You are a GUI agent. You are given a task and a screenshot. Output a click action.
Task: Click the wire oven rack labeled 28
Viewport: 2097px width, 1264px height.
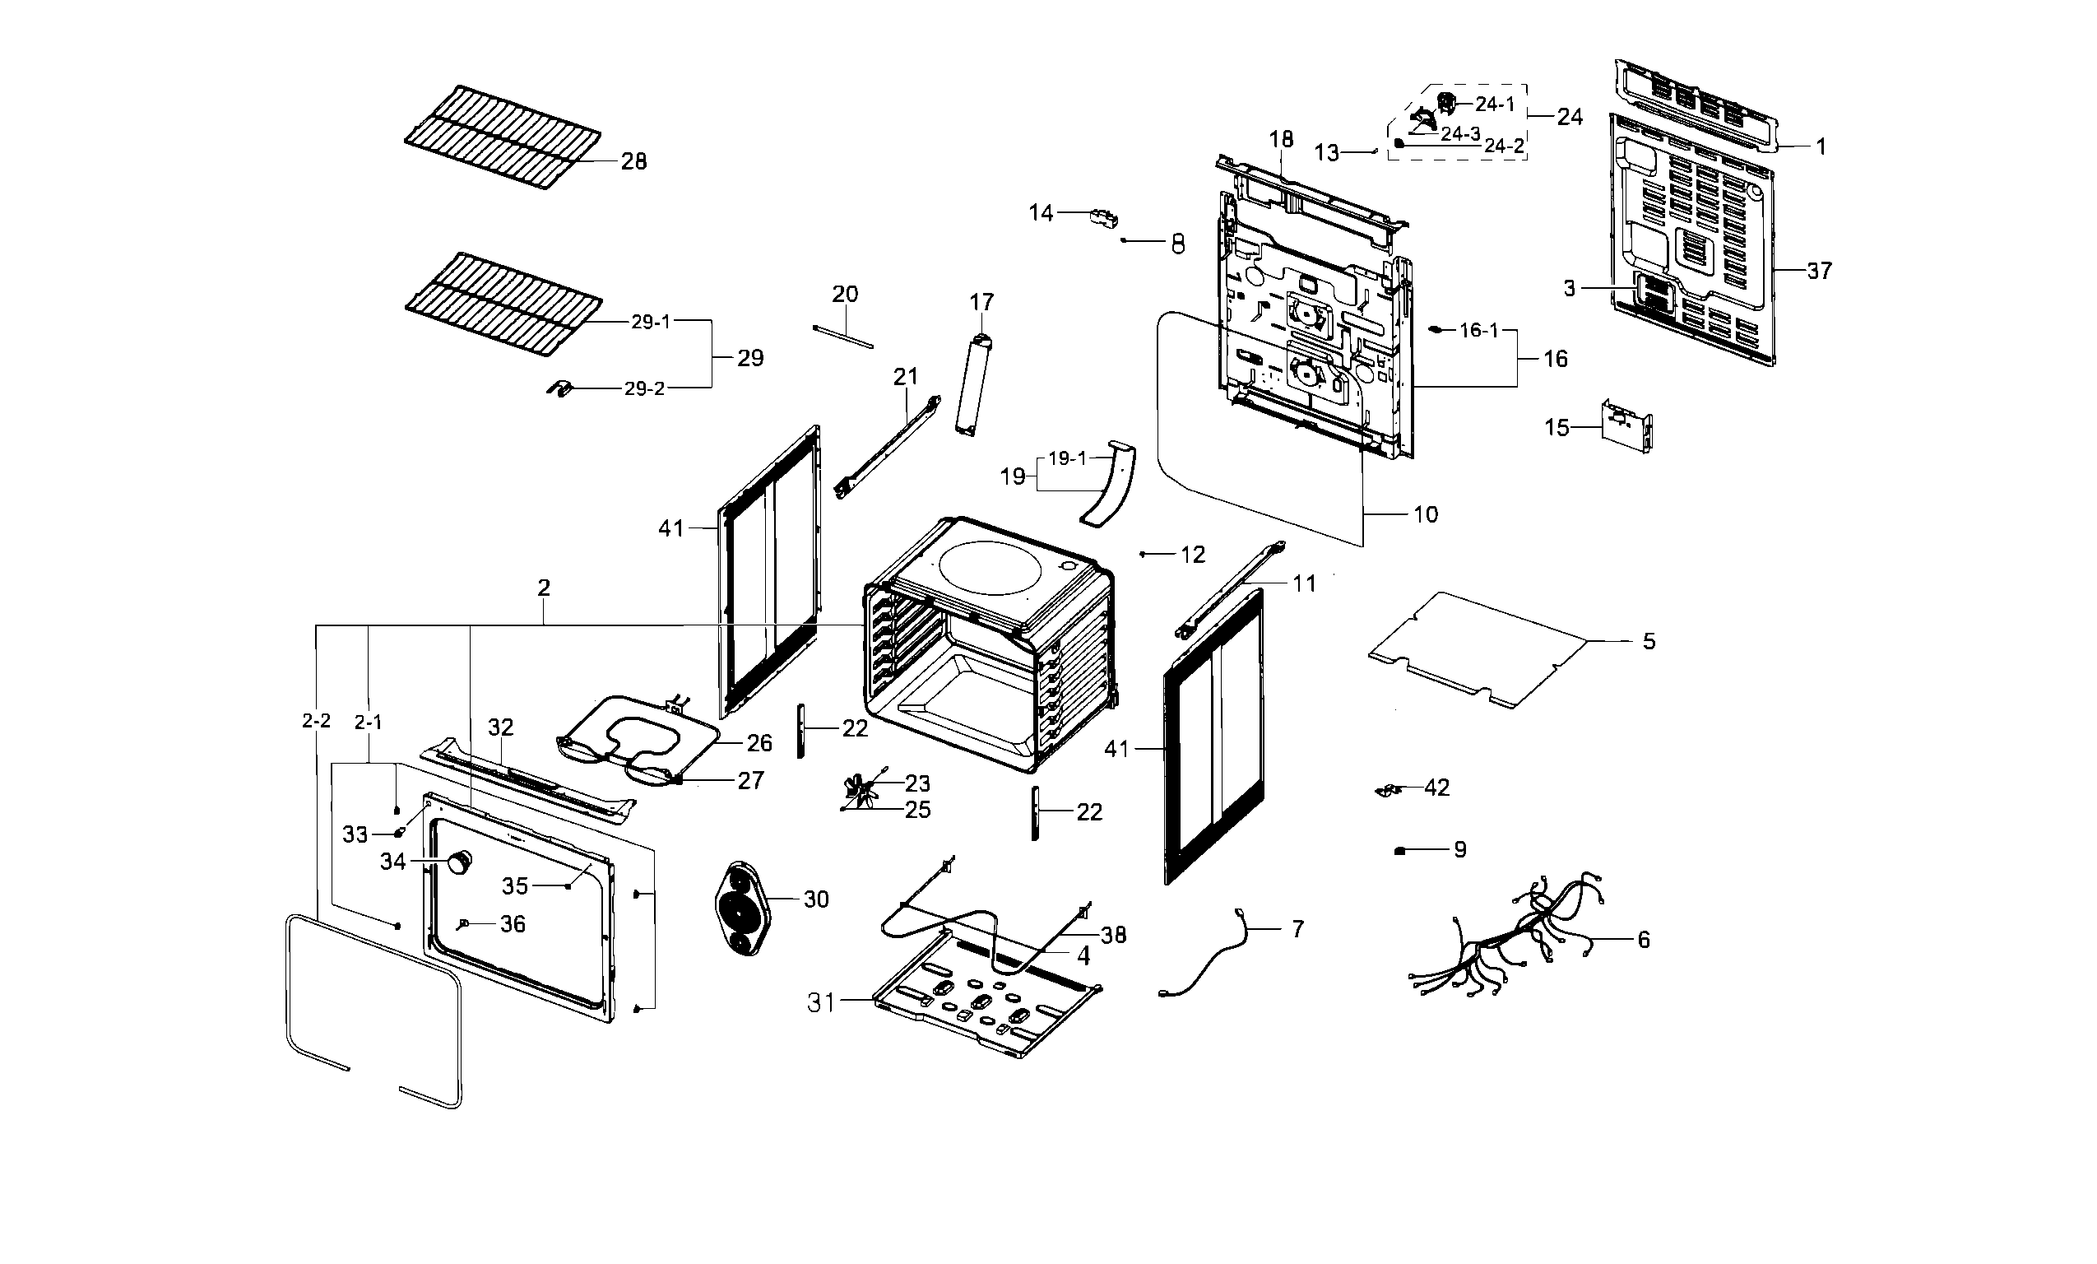coord(502,136)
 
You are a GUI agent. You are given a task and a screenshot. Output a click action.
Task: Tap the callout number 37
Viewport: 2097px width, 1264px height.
coord(1819,271)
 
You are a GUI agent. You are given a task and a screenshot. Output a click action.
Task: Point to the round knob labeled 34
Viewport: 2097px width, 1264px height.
coord(461,862)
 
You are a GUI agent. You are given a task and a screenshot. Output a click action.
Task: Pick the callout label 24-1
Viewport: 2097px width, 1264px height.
coord(1496,105)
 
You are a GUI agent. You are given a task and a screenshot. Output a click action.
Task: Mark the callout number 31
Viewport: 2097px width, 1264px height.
coord(820,1003)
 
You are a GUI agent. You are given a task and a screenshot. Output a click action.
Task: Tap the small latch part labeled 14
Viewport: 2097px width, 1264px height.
coord(1104,217)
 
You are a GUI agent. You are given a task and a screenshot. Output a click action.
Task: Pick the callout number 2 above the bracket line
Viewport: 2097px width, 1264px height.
coord(544,588)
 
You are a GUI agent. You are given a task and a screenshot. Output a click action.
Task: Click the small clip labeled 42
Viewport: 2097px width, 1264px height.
coord(1389,790)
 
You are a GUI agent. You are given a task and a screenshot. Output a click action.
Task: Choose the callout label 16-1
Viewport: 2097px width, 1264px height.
coord(1478,330)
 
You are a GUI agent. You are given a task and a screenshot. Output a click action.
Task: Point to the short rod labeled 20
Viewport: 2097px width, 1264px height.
coord(842,336)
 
